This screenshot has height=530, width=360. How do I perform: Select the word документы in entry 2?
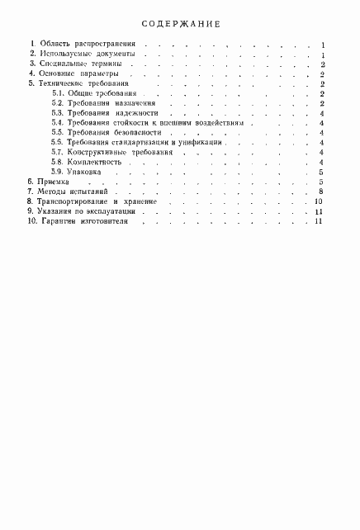pyautogui.click(x=107, y=54)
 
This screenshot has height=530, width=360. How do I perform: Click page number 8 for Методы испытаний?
pyautogui.click(x=318, y=192)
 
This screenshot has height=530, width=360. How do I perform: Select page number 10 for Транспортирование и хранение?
pyautogui.click(x=317, y=201)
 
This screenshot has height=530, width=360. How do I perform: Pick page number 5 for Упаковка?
pyautogui.click(x=319, y=173)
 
